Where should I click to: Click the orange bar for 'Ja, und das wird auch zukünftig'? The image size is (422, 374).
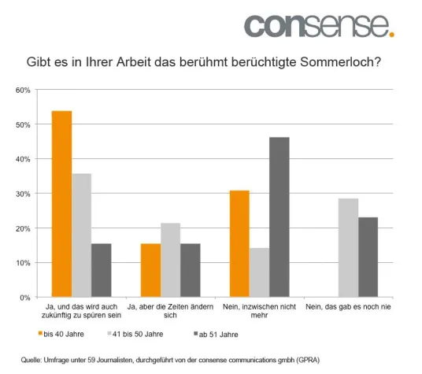click(x=61, y=204)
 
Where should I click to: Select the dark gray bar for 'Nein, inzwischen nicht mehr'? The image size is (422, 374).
click(x=279, y=217)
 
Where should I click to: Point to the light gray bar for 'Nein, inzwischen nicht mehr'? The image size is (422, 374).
click(x=258, y=272)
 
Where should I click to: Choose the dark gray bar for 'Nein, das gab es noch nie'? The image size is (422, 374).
click(x=368, y=257)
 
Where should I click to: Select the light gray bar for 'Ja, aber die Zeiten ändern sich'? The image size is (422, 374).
click(x=170, y=260)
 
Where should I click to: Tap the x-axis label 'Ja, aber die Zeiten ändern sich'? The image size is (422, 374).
click(x=170, y=310)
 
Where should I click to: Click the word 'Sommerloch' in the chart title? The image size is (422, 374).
click(x=340, y=61)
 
